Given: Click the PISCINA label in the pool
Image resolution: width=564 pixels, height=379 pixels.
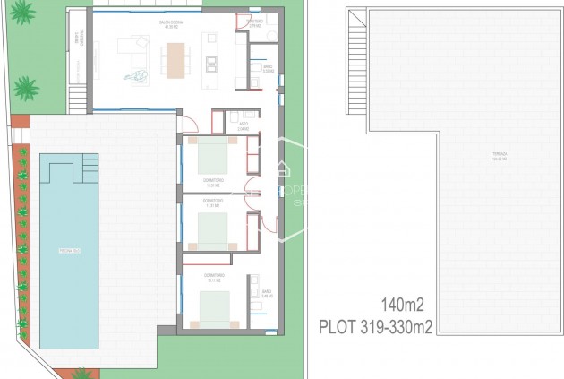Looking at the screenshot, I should [68, 250].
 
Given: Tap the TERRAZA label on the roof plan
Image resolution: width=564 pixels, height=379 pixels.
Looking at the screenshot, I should [500, 154].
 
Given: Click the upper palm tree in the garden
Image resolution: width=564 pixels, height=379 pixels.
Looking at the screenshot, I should [23, 12].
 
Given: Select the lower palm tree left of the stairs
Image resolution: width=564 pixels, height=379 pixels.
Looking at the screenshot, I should [27, 88].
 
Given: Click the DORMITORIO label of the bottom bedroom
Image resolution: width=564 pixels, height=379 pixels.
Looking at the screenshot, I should [213, 276].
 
